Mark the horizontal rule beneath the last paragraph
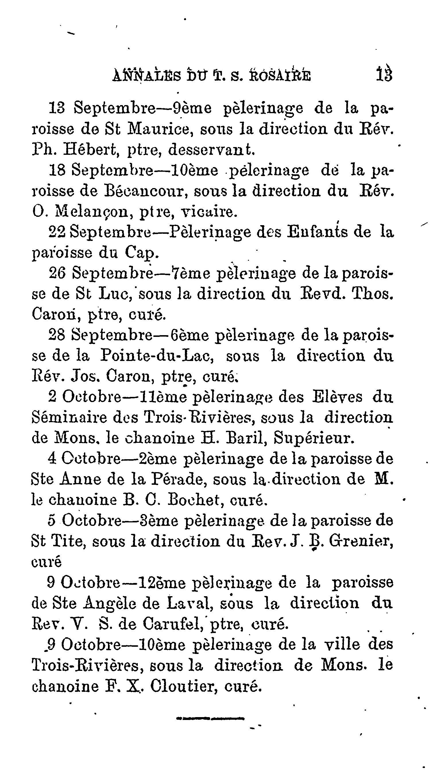(210, 718)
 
